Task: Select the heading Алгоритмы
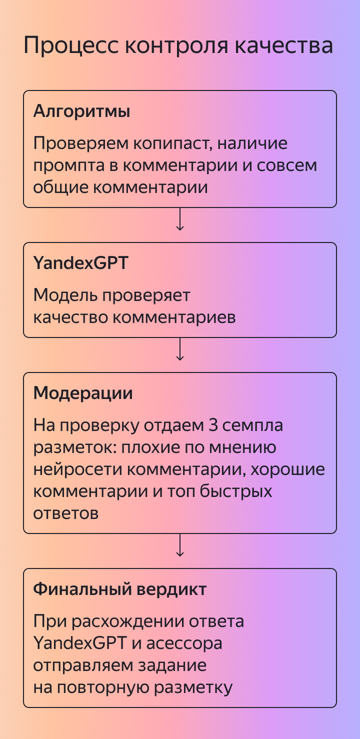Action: (x=81, y=111)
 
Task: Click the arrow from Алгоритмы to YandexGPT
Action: (x=180, y=220)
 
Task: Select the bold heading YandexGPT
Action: (x=80, y=263)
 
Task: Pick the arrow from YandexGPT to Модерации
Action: (x=180, y=349)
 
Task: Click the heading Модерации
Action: (x=83, y=393)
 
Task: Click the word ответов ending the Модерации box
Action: (x=66, y=513)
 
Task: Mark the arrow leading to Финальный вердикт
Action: (x=180, y=545)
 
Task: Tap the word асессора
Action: (x=184, y=643)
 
